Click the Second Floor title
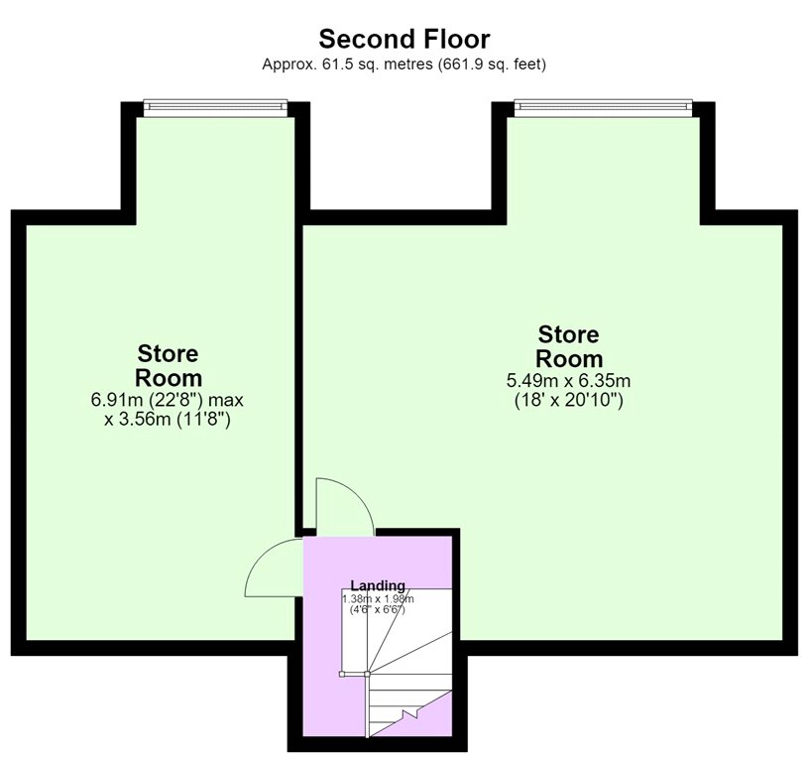coord(404,39)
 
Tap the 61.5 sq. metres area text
coord(377,64)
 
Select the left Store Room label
coord(169,366)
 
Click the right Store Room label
coord(568,346)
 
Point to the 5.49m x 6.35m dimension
coord(568,381)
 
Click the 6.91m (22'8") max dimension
coord(168,400)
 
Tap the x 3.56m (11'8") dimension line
coord(168,420)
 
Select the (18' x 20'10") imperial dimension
coord(568,400)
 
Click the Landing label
coord(378,585)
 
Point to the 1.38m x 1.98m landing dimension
coord(378,599)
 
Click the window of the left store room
coord(215,106)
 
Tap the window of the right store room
coord(603,106)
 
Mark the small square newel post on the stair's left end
coord(342,674)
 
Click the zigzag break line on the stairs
coord(410,714)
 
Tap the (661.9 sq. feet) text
coord(492,64)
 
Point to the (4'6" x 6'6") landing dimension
coord(378,609)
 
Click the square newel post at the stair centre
coord(367,674)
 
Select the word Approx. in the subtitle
coord(289,64)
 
